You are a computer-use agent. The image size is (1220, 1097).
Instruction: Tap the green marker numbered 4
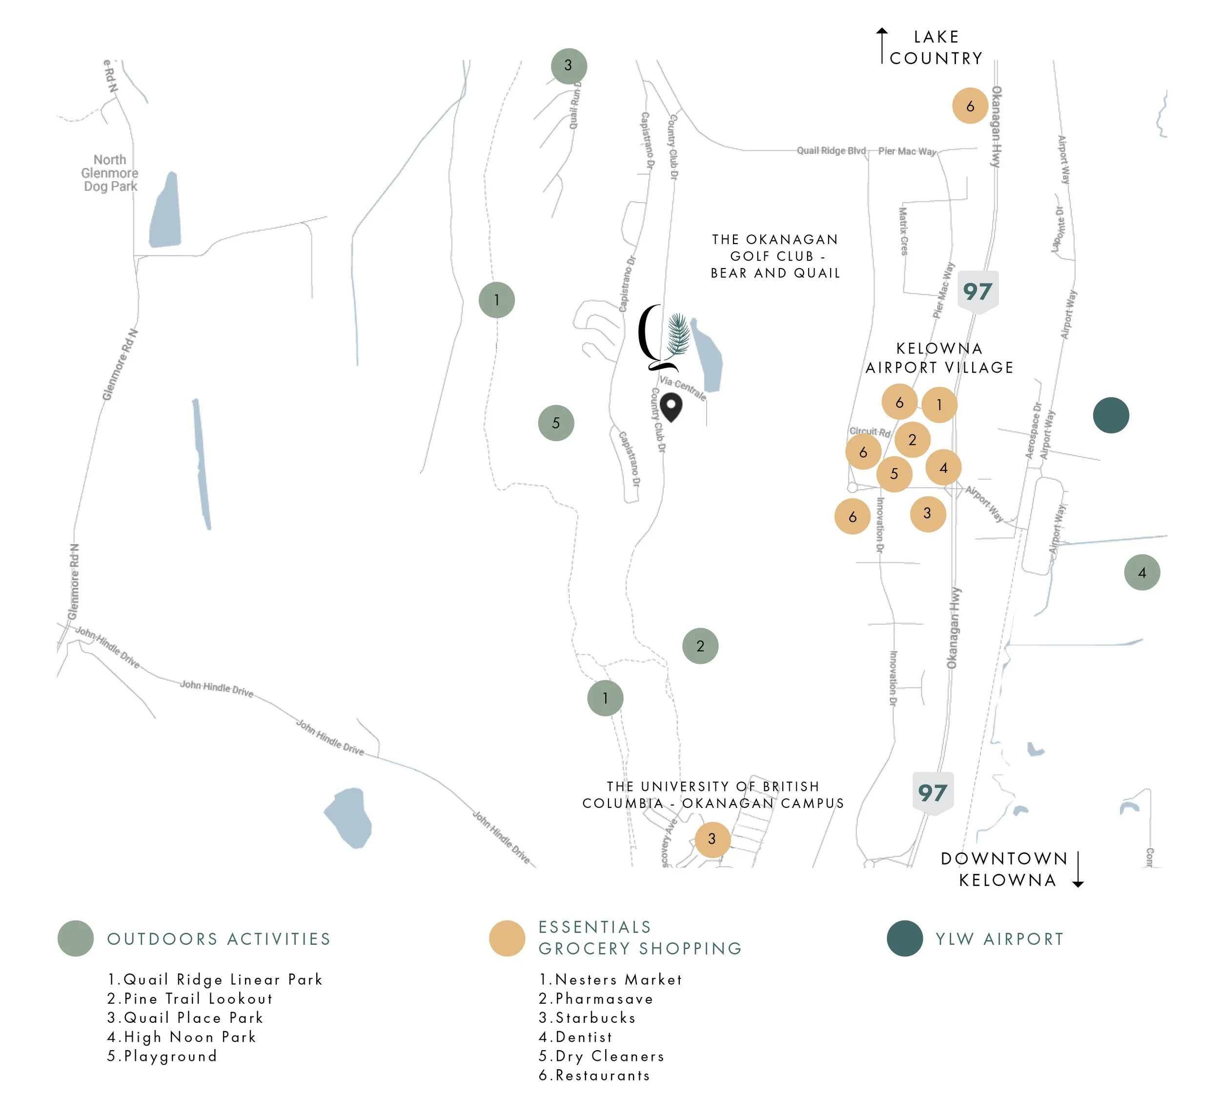[1142, 572]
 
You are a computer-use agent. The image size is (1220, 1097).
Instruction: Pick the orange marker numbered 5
[894, 474]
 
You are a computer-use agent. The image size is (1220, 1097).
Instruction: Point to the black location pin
[671, 407]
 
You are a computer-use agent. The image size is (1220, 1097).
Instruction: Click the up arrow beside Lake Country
[882, 45]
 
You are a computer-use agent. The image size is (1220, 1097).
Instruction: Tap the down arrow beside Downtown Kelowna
[1078, 869]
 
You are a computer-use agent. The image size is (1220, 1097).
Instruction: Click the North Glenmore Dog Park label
[110, 173]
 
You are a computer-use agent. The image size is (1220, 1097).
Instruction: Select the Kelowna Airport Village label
[939, 357]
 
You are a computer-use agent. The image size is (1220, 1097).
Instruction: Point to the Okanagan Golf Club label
[775, 256]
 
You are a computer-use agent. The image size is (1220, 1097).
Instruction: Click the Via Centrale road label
[682, 387]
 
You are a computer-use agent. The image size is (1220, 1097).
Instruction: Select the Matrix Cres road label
[903, 231]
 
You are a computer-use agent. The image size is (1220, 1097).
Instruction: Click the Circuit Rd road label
[869, 432]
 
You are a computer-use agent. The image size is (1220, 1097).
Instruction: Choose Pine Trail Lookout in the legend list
[190, 999]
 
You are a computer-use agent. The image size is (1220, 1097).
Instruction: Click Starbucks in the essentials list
[588, 1018]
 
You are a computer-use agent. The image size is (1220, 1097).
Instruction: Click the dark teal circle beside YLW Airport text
[904, 938]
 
